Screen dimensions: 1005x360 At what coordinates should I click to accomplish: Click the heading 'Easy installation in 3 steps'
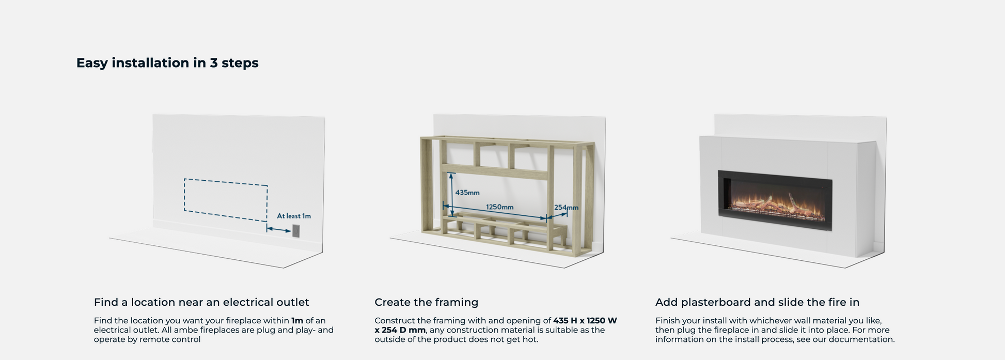point(167,63)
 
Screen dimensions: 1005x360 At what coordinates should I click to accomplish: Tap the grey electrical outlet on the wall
point(296,231)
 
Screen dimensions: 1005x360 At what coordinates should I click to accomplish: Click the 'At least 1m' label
point(294,216)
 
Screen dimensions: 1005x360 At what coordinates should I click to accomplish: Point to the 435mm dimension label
point(467,193)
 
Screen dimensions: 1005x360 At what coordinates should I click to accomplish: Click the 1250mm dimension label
point(499,207)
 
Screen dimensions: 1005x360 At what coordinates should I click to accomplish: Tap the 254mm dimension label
point(566,208)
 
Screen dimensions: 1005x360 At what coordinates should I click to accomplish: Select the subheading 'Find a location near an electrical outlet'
point(201,302)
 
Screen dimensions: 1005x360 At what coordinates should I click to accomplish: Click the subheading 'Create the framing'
point(427,302)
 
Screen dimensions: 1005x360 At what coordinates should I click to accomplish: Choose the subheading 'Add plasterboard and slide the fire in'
point(758,302)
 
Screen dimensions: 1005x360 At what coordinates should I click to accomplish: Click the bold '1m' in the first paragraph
point(297,321)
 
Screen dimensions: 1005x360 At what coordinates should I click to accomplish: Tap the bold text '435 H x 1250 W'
point(585,321)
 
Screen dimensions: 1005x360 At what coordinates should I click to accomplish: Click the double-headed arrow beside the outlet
point(278,229)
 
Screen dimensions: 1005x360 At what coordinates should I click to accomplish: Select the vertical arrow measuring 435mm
point(451,195)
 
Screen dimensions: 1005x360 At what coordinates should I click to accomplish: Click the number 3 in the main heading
point(214,63)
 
